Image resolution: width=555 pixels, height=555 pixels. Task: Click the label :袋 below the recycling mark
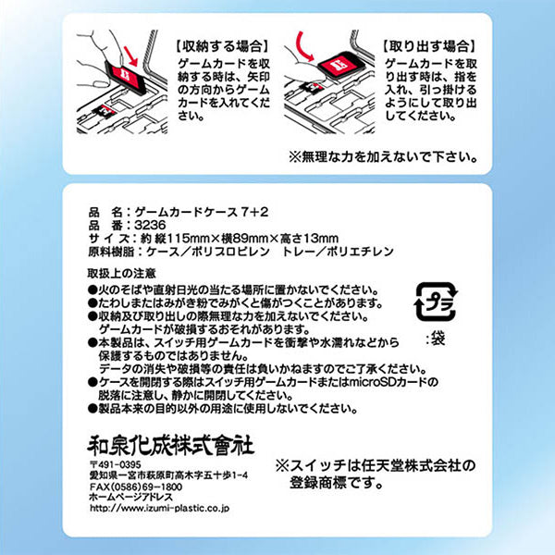pos(434,339)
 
